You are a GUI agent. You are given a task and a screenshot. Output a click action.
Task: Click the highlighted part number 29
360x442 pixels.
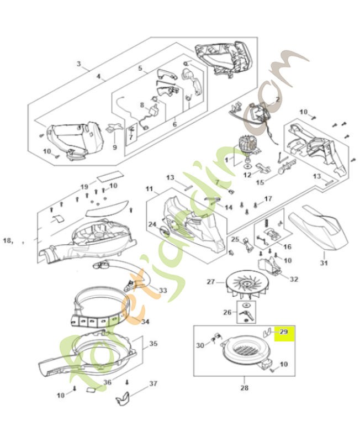coord(284,332)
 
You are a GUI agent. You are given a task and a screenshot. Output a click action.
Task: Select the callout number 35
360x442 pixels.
coord(153,344)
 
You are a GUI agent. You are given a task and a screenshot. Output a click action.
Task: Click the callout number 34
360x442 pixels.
coord(145,322)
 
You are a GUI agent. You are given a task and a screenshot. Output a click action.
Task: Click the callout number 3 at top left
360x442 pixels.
coord(79,65)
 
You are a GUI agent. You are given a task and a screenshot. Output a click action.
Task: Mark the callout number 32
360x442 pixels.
coord(293,279)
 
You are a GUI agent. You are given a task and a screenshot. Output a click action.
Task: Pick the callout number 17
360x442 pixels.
coord(268,199)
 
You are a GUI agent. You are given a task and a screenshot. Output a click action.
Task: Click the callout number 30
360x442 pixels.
coord(200,345)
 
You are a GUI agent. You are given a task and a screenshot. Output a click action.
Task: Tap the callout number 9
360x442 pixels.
coord(115,147)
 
